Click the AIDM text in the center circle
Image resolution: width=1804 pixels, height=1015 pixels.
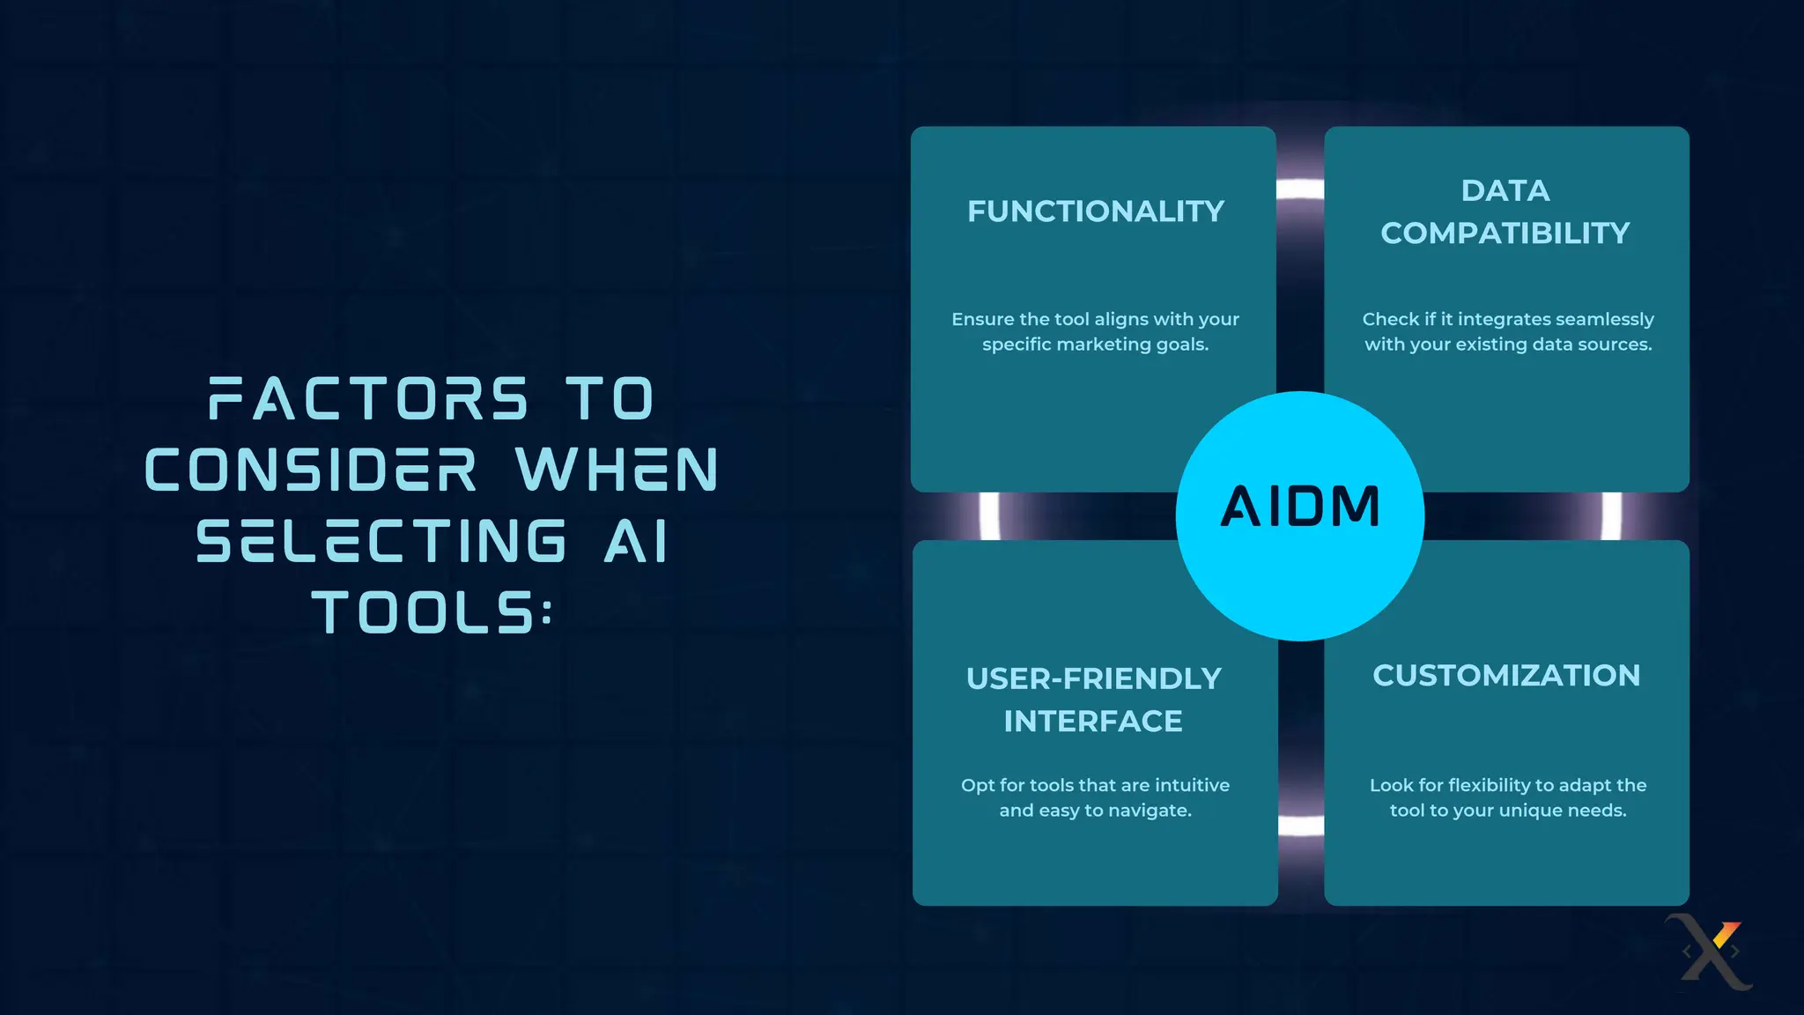pos(1300,507)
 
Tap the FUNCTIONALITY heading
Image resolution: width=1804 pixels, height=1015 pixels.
pos(1096,211)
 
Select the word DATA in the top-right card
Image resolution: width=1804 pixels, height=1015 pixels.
pos(1505,190)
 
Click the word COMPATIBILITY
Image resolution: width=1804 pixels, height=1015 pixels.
pos(1505,233)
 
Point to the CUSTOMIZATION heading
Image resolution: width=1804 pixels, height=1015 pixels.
pos(1506,676)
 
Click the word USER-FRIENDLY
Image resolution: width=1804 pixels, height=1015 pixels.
pos(1094,678)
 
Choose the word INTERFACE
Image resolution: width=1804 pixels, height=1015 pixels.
pos(1093,722)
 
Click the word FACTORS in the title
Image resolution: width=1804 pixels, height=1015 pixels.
pos(369,399)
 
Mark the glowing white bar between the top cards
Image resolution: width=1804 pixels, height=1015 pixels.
pos(1300,189)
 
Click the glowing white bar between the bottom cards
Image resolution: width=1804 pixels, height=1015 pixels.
pos(1301,826)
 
